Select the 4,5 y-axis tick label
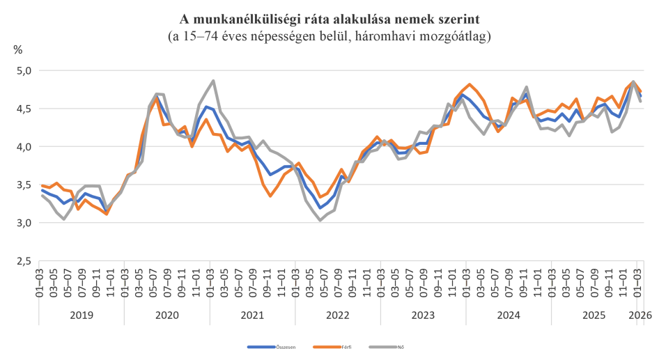[24, 109]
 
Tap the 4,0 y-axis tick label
[24, 147]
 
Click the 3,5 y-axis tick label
[24, 185]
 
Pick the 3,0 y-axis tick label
[24, 223]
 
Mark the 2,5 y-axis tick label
[24, 261]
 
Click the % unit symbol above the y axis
[17, 50]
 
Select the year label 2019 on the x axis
[82, 315]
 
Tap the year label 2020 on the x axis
[167, 315]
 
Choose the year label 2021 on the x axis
[252, 315]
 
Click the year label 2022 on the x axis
[338, 315]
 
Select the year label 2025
[594, 315]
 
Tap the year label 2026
[640, 315]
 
